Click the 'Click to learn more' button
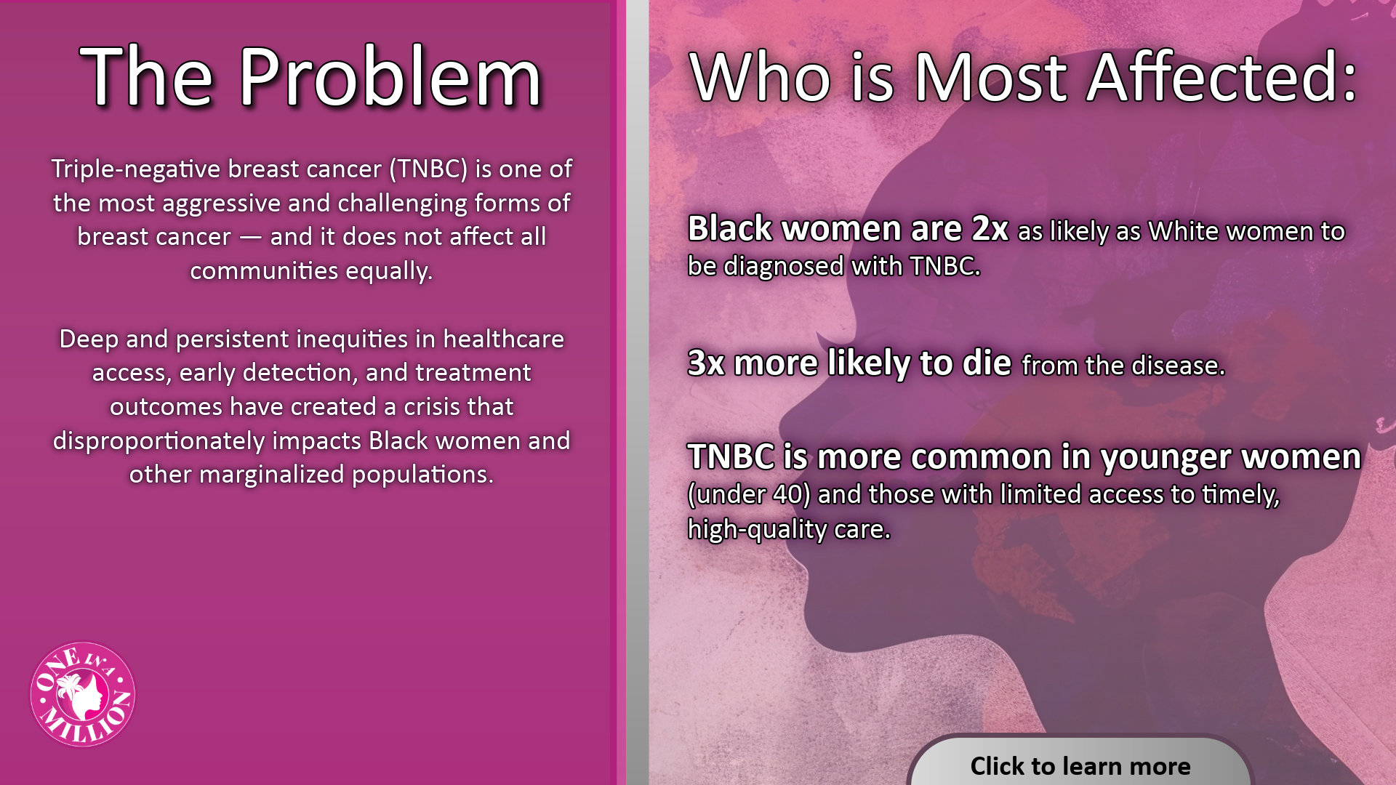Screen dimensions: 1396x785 1080,762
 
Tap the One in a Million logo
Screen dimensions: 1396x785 83,694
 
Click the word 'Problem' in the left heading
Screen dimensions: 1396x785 390,77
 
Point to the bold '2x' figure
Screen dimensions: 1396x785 990,229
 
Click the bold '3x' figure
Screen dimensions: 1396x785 706,363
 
